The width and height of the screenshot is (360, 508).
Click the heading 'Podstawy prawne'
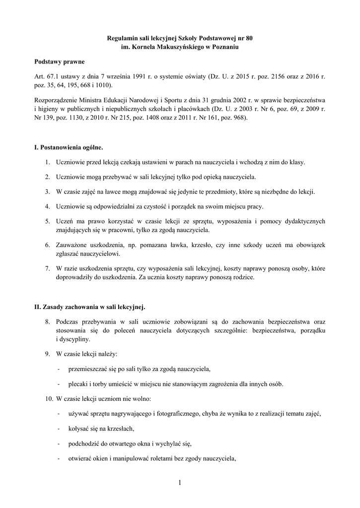click(59, 62)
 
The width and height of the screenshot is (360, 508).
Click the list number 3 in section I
click(47, 191)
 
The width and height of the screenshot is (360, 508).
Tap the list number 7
click(47, 268)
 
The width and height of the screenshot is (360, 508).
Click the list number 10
click(48, 398)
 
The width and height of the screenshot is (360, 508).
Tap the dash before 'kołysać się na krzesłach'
click(60, 428)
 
